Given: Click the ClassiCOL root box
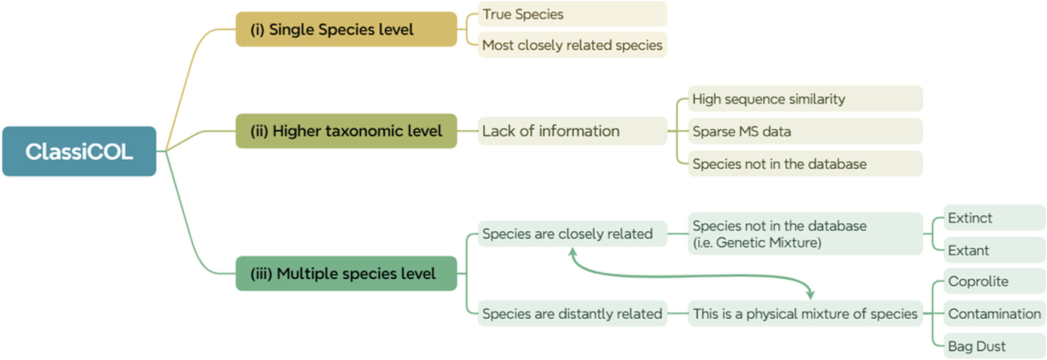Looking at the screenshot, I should [79, 151].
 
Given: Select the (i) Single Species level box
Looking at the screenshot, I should [346, 29].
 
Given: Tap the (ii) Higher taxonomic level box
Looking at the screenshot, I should [346, 131].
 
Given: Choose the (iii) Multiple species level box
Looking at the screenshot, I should [346, 273].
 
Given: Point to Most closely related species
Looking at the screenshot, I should [571, 45].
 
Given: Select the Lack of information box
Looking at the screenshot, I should [571, 131].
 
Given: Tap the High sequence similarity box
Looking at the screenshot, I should [804, 99].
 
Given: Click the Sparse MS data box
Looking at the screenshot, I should [804, 132].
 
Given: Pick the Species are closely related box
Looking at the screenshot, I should [571, 234].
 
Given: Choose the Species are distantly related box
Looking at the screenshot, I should [571, 313].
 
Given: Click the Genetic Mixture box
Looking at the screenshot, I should [804, 234].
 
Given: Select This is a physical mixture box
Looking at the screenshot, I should [804, 313].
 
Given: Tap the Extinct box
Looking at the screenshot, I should [994, 218].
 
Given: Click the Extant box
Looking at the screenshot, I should [994, 250].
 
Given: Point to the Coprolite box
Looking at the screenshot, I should [994, 281].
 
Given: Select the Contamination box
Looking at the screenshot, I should [994, 313].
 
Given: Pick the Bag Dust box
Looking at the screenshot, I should [994, 346].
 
